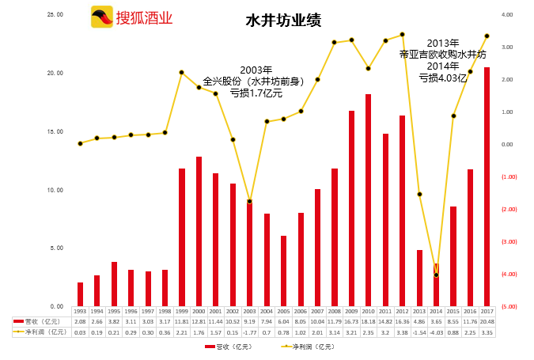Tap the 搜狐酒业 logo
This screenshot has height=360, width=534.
pyautogui.click(x=132, y=17)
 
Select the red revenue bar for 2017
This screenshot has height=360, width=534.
pyautogui.click(x=487, y=187)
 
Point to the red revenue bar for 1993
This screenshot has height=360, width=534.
pyautogui.click(x=80, y=294)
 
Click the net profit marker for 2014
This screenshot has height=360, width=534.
pyautogui.click(x=436, y=275)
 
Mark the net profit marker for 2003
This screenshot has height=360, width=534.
pyautogui.click(x=249, y=201)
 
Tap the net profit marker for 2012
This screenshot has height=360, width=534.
pyautogui.click(x=402, y=34)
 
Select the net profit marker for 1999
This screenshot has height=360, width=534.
pyautogui.click(x=181, y=72)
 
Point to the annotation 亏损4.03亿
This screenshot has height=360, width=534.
pyautogui.click(x=443, y=78)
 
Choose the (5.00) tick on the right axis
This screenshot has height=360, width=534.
pyautogui.click(x=509, y=306)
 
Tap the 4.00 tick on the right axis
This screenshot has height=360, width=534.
pyautogui.click(x=508, y=14)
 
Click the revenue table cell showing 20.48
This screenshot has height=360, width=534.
pyautogui.click(x=487, y=322)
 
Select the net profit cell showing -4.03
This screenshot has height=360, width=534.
pyautogui.click(x=436, y=332)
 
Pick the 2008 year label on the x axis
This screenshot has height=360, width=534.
pyautogui.click(x=334, y=312)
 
